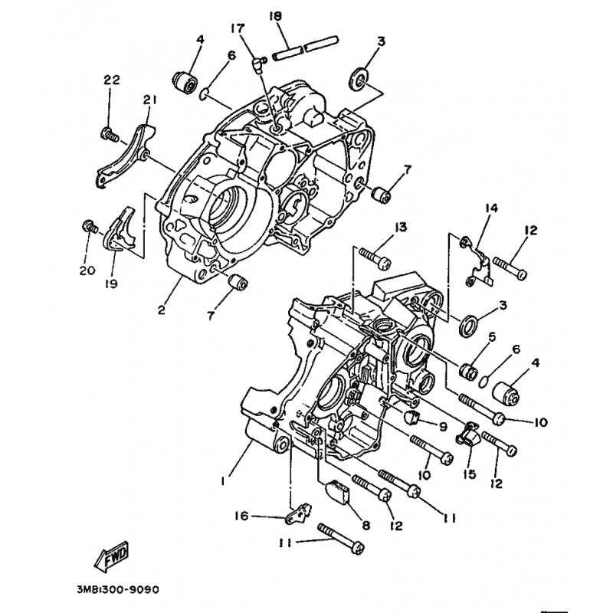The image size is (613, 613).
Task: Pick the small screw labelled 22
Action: coord(109,135)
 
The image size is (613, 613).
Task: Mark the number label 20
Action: coord(87,270)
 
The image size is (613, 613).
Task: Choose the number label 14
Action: coord(490,208)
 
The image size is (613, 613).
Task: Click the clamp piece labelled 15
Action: coord(467,436)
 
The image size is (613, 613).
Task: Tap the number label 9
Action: coord(443,426)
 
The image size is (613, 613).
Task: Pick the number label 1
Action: coord(222,481)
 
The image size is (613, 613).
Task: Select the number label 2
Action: coord(162,310)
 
